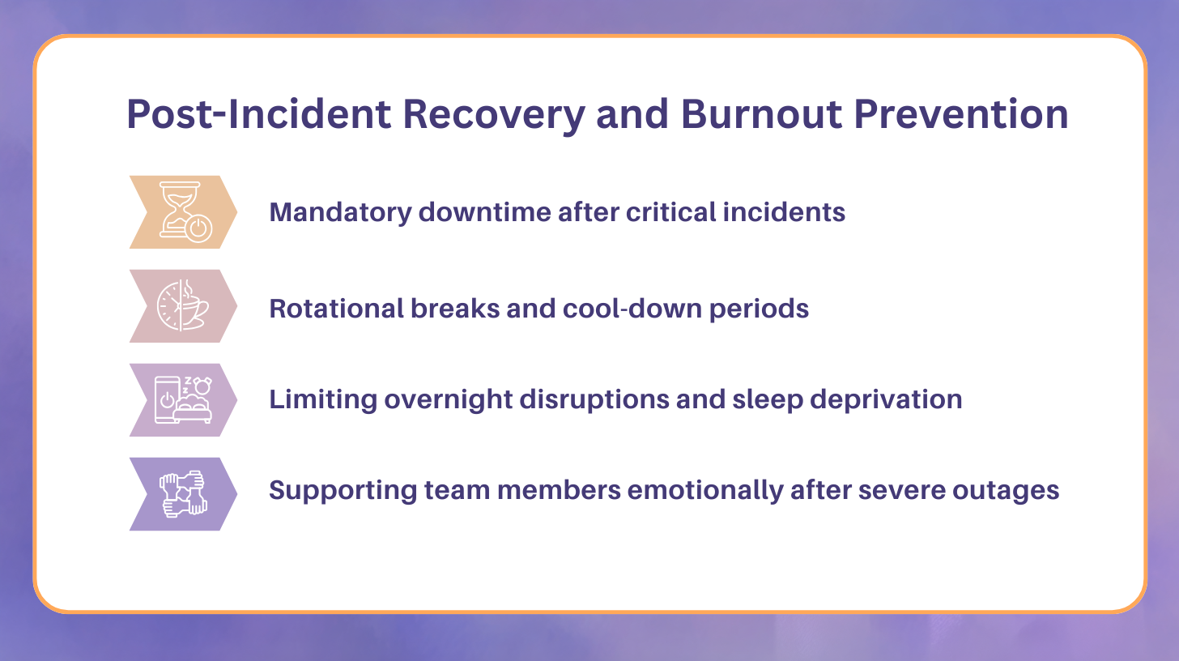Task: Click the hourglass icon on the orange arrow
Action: [x=185, y=212]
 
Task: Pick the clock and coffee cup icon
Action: [x=183, y=306]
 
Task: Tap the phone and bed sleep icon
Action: [x=183, y=400]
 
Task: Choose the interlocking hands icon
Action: [x=183, y=494]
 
